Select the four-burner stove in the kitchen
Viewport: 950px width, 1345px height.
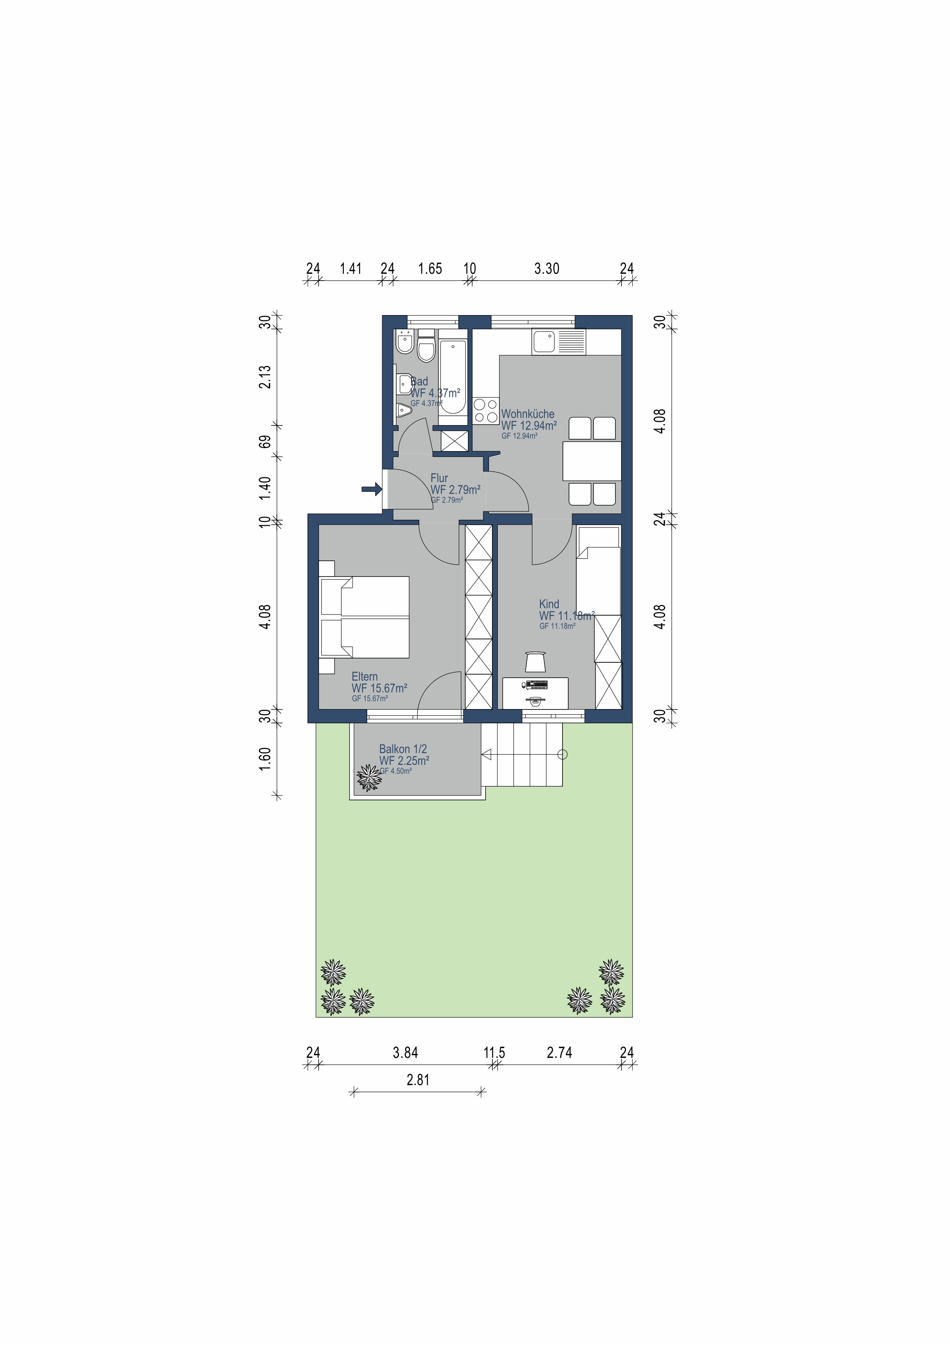pos(485,411)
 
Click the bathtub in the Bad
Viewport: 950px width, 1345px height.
pos(453,377)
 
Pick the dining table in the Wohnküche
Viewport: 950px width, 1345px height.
pos(591,461)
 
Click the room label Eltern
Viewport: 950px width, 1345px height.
pos(365,677)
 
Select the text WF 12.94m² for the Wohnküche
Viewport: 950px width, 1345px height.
pos(528,426)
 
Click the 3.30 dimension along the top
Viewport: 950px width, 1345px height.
pos(547,269)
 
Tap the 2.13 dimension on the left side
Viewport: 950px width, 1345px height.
pos(265,377)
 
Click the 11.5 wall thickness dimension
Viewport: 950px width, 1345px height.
pos(494,1053)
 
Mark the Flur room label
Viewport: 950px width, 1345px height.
pos(439,478)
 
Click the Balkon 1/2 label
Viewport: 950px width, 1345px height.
pos(403,749)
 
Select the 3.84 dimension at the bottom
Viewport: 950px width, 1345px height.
pos(405,1053)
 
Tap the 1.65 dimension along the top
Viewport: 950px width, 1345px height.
pos(430,269)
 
